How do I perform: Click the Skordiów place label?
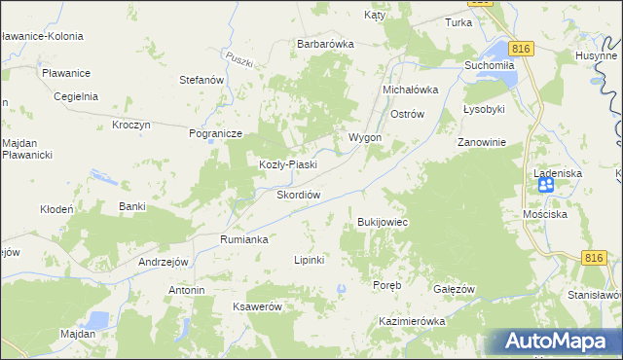pos(285,194)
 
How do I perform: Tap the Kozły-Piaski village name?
pos(287,164)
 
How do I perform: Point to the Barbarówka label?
pos(325,44)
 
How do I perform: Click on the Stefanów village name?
pos(202,80)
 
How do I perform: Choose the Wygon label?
pos(365,137)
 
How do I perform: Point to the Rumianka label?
pos(243,238)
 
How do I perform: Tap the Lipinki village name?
pos(309,260)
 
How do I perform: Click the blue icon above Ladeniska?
pos(546,184)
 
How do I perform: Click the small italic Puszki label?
pos(238,57)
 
